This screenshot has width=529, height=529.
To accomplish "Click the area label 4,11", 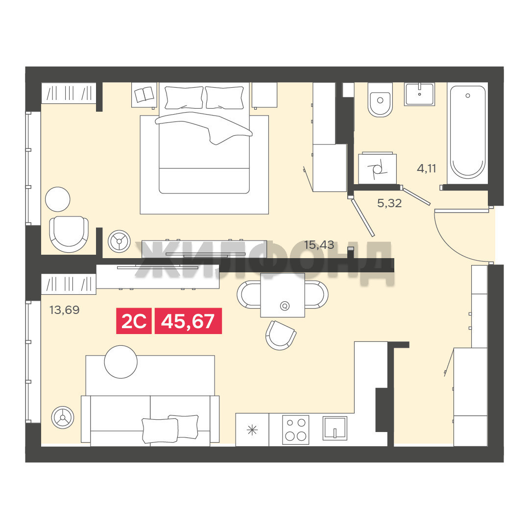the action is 427,168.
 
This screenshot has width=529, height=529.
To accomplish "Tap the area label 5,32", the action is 389,203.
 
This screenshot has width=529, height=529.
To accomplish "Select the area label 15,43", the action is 319,245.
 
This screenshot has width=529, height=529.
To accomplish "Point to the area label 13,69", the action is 65,310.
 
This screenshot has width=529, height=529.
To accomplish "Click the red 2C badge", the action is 134,321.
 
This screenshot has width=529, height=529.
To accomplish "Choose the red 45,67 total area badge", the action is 188,321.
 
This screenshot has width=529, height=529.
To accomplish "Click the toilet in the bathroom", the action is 380,99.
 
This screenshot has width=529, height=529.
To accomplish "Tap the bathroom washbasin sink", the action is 420,94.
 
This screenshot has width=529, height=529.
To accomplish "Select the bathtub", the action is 468,132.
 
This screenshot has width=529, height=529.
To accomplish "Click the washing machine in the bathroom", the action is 377,168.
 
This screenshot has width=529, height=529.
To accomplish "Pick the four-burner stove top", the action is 295,429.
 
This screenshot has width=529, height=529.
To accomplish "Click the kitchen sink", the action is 335,428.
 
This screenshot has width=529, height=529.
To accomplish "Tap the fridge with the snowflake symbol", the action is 252,430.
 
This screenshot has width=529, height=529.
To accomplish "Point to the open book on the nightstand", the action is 144,95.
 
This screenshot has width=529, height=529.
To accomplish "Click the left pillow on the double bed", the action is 184,97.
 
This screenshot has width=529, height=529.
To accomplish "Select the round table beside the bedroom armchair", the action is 58,199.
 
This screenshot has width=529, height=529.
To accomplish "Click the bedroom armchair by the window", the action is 69,234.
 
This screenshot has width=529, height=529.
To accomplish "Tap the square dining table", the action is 283,295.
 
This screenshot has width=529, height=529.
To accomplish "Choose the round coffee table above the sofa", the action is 121,362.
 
